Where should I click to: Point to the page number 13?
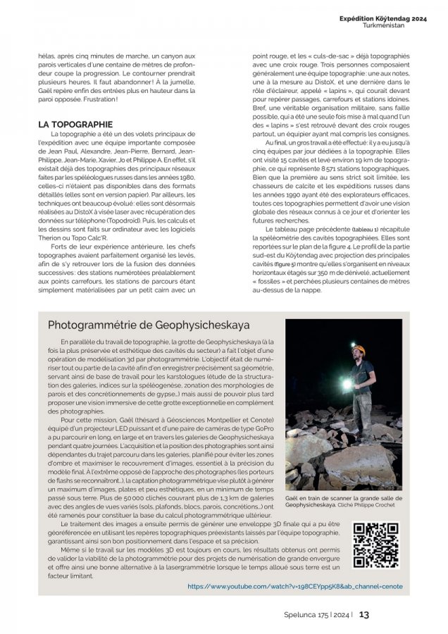coord(364,614)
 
